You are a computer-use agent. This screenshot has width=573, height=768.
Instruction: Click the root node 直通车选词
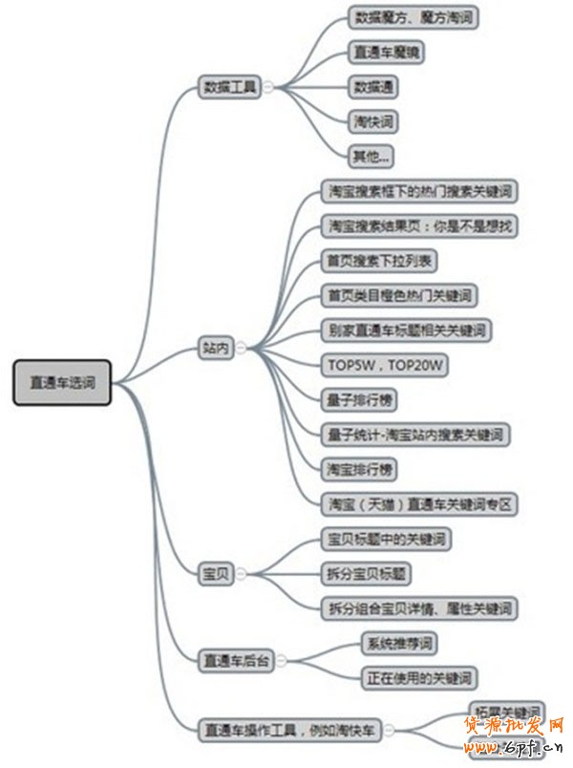tap(62, 382)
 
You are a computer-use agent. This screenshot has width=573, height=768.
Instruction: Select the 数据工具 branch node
tap(230, 87)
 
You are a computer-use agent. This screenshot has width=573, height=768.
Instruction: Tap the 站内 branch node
tap(217, 349)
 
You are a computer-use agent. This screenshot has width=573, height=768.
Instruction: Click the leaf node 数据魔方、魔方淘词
tap(414, 17)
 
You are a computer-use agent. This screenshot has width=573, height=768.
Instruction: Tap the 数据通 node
tap(375, 87)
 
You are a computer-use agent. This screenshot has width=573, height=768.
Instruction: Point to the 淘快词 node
tap(372, 121)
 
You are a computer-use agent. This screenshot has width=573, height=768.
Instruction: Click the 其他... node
tap(371, 156)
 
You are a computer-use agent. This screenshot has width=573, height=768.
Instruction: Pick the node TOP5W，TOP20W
tap(386, 366)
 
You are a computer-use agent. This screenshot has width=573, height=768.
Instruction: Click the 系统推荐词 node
tap(399, 644)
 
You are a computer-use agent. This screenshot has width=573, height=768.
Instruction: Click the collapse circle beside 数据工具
tap(268, 87)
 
